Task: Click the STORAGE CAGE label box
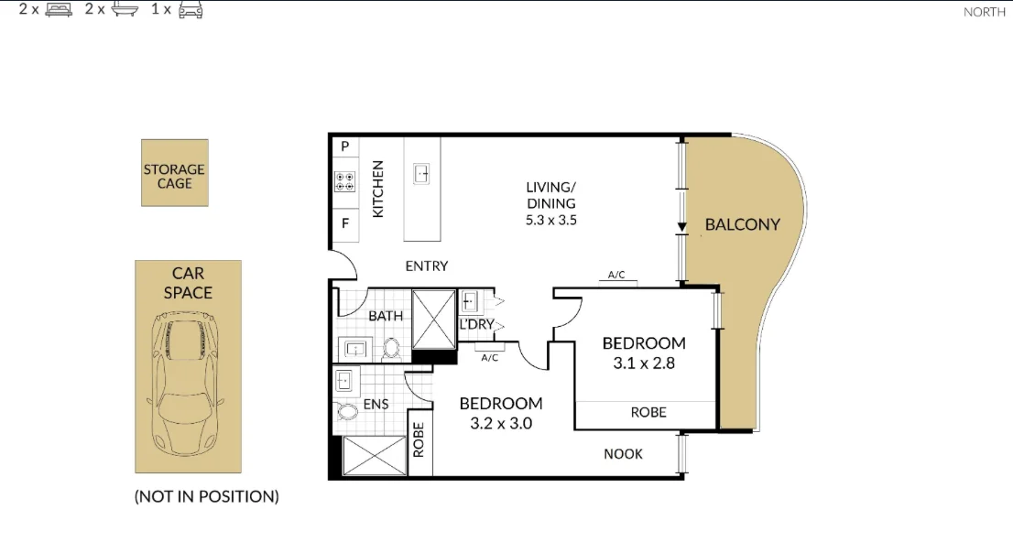[174, 173]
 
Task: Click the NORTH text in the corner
[985, 12]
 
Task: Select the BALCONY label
[742, 224]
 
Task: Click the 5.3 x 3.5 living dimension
[550, 220]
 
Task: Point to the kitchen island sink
[422, 173]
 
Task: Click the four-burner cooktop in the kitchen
[345, 181]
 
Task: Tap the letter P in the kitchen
[345, 146]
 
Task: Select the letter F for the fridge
[345, 222]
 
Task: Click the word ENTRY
[427, 266]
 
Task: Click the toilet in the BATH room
[392, 348]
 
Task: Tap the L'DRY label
[476, 324]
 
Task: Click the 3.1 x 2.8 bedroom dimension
[643, 363]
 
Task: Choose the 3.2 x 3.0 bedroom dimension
[500, 424]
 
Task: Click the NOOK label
[623, 454]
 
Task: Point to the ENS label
[376, 403]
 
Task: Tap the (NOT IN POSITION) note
[206, 497]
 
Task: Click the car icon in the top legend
[190, 10]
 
